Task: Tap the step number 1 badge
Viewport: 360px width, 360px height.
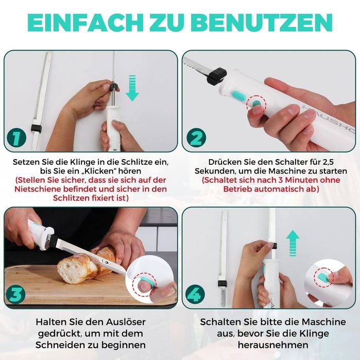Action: coord(17,138)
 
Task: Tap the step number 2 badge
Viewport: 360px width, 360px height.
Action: coord(196,138)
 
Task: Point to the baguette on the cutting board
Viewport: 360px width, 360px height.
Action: coord(85,264)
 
